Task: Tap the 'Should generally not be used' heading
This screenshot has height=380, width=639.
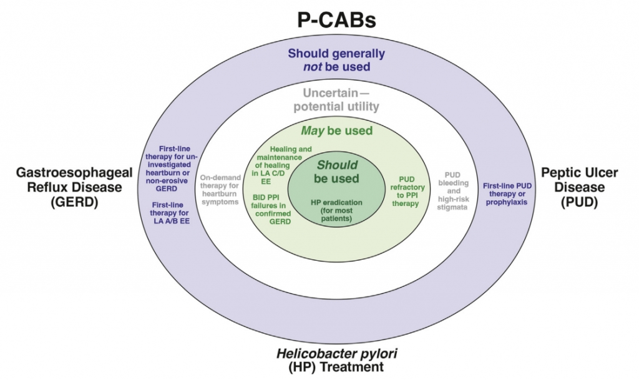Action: [x=336, y=60]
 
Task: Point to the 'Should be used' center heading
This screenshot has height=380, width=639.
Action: [x=336, y=172]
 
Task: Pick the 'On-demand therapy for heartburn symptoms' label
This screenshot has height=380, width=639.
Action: [x=220, y=190]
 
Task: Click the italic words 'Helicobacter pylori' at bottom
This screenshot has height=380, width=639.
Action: [x=336, y=353]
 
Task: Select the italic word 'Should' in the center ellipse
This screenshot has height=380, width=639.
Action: [x=337, y=165]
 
